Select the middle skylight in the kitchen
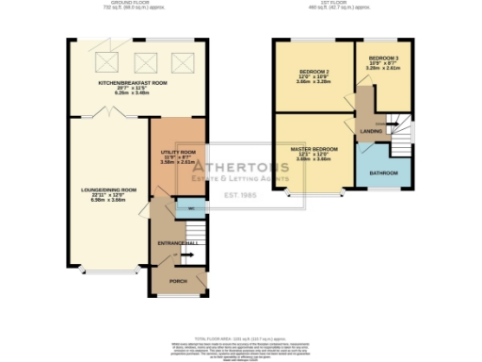coord(144,63)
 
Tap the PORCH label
coord(177,282)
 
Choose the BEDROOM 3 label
coord(384,58)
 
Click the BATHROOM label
coord(380,173)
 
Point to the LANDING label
coord(371,132)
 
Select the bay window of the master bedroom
coord(314,194)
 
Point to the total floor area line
coord(240,337)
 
